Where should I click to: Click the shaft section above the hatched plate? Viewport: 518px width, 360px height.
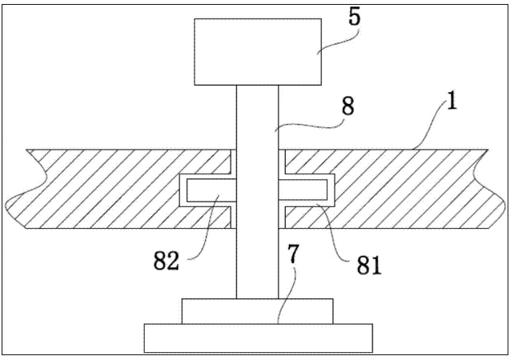[x=258, y=116]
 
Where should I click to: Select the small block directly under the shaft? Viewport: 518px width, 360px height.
[x=258, y=310]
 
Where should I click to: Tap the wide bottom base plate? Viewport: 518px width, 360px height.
[x=258, y=338]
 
